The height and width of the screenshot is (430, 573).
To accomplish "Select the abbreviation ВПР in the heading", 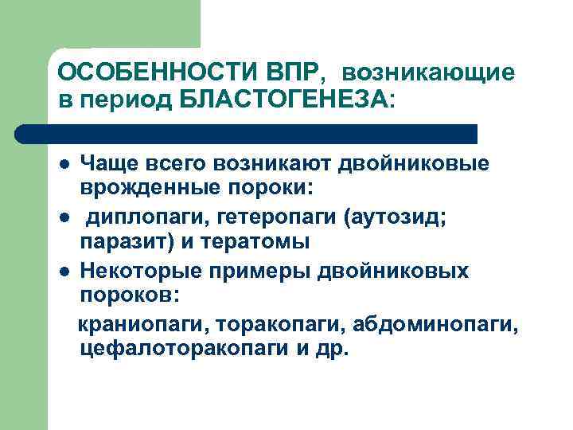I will point(289,73).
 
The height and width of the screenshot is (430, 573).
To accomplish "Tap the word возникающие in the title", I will point(429,73).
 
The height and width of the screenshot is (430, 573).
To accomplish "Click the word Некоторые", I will point(140,272).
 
